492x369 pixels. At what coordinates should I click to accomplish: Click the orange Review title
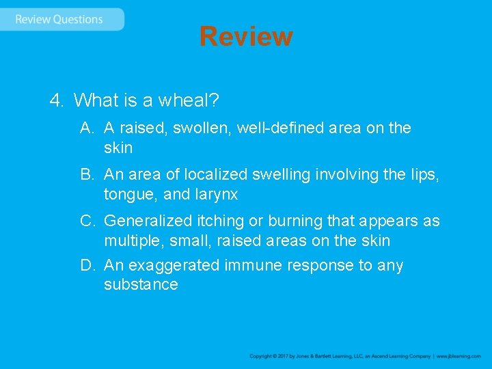tap(246, 36)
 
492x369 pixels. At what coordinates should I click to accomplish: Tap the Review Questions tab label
tap(59, 19)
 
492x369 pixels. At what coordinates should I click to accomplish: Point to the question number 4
tap(56, 100)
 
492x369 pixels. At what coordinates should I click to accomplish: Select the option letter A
tap(86, 128)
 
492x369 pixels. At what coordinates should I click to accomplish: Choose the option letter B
tap(86, 175)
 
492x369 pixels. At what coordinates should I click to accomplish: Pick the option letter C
tap(87, 221)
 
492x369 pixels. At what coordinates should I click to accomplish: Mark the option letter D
tap(87, 265)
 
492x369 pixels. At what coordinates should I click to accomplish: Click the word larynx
tap(215, 195)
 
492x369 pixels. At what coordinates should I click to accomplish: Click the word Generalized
tap(147, 221)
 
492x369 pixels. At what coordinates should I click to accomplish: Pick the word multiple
tap(130, 241)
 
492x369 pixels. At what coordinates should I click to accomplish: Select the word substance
tap(141, 284)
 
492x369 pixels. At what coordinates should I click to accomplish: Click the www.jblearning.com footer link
tap(459, 356)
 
